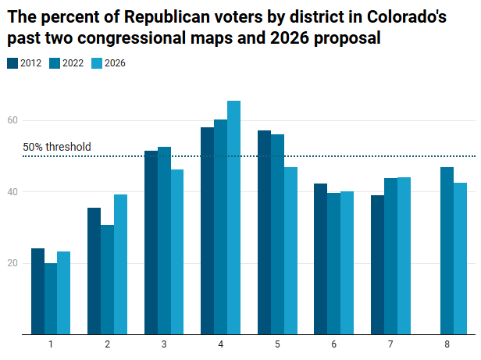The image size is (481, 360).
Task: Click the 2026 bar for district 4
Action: coord(233,218)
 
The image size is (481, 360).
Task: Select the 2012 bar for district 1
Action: coord(37,291)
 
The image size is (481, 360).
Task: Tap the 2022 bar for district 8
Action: coord(447,251)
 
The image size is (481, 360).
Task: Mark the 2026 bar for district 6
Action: coord(347,262)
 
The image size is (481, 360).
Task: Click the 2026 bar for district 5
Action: coord(290,251)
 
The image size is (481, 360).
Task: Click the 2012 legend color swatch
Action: coord(12,64)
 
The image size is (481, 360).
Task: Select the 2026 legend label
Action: coord(114,64)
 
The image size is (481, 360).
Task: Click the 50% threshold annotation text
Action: coord(57,147)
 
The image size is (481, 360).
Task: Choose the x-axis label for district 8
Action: coord(447,344)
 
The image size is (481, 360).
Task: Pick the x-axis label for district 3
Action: coord(164,344)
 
